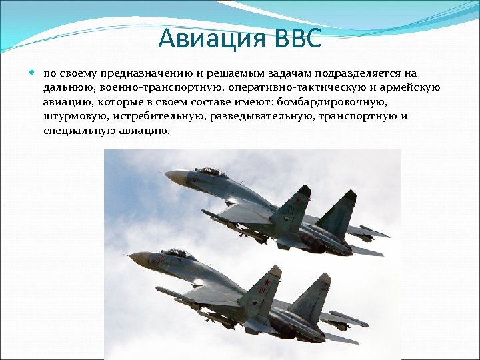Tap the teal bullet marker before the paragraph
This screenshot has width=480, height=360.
[x=33, y=72]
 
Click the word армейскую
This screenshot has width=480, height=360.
[x=413, y=87]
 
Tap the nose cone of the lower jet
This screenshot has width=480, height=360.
[x=135, y=256]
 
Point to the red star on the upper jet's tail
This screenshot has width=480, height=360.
[x=295, y=199]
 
